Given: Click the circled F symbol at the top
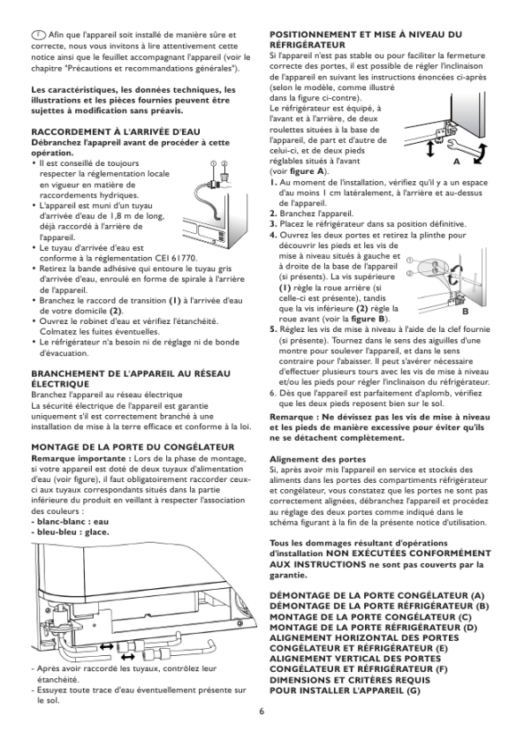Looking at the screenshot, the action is tap(39, 35).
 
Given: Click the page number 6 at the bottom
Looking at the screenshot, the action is tap(262, 712).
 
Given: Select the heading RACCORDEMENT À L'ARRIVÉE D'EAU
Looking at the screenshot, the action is tap(116, 132).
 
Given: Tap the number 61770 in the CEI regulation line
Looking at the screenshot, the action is tap(182, 259).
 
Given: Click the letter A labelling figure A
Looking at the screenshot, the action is tap(456, 162).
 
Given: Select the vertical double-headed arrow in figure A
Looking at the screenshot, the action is tap(429, 149).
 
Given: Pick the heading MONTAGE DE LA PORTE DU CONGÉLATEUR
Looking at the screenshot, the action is tap(133, 448).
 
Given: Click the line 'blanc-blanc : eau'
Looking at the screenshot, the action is tap(70, 522).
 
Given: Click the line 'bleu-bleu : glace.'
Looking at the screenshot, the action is tap(71, 532).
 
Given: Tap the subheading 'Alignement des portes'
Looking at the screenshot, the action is tap(317, 459).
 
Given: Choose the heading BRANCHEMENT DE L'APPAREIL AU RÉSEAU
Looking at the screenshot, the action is tap(131, 373).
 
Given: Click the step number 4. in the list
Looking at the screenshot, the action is tap(274, 235).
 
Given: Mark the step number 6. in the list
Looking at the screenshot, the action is tap(274, 393).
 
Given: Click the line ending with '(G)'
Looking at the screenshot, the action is tap(345, 690).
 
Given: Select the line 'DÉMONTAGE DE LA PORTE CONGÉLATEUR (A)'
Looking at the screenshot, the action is tap(377, 596).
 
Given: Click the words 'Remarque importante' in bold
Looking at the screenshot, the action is tap(78, 458).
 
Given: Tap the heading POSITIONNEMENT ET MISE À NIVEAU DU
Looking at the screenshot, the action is tap(366, 34).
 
